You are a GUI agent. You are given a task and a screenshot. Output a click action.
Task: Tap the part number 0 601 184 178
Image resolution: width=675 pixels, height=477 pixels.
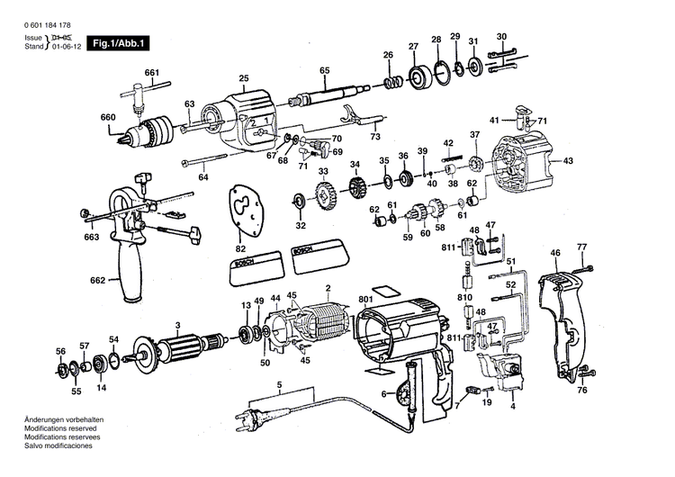[50, 23]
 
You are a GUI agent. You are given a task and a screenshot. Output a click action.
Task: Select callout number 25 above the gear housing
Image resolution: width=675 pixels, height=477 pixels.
[243, 78]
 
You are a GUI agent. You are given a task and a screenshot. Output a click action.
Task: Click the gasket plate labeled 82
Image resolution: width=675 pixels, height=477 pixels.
[241, 211]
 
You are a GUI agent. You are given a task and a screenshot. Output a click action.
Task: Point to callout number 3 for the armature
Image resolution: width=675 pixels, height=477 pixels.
[178, 325]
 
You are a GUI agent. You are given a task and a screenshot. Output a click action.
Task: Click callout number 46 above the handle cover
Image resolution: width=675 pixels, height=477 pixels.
[555, 253]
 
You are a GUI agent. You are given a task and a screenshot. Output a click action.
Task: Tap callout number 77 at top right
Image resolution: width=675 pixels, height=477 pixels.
[581, 246]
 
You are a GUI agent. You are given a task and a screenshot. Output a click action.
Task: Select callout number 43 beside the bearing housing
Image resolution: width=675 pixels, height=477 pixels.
[568, 161]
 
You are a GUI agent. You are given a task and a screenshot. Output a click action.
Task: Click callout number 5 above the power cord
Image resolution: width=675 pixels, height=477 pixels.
[280, 384]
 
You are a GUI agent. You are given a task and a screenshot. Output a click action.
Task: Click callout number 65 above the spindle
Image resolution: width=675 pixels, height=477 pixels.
[325, 70]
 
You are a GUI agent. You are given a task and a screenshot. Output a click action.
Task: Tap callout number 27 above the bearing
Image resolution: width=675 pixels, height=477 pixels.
[413, 46]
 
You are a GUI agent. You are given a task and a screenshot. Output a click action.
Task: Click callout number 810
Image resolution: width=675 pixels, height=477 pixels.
[464, 296]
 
